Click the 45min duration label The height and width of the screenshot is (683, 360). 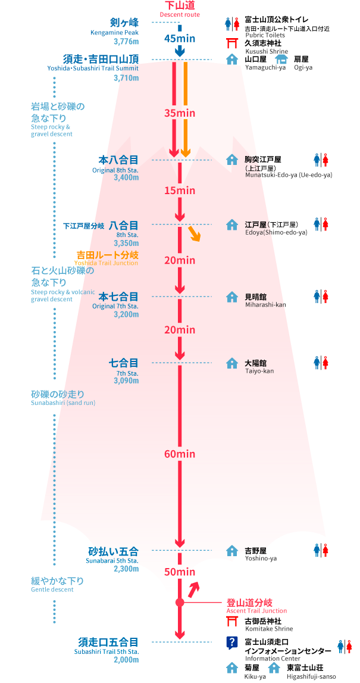(x=180, y=39)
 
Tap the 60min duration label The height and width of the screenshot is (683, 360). (x=180, y=454)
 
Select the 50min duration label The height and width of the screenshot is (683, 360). (x=180, y=572)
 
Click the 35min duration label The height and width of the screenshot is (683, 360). (x=180, y=113)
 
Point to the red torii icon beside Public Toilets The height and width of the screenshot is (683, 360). (x=232, y=42)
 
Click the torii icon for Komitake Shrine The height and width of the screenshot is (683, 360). (x=232, y=622)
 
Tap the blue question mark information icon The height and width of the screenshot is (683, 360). (x=232, y=643)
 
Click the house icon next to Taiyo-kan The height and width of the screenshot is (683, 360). (x=232, y=363)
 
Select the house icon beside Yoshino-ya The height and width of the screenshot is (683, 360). (x=232, y=550)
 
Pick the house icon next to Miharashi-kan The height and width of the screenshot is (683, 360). (x=232, y=296)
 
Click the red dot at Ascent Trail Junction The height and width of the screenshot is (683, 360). (x=180, y=603)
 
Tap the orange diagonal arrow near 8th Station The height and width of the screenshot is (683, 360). (x=194, y=233)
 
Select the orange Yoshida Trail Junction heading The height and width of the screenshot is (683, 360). (x=107, y=255)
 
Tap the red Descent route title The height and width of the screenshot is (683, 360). (x=179, y=5)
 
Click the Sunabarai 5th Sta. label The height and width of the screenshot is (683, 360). (x=112, y=561)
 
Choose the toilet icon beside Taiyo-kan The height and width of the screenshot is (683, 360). (x=321, y=363)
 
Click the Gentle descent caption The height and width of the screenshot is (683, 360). (x=52, y=590)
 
